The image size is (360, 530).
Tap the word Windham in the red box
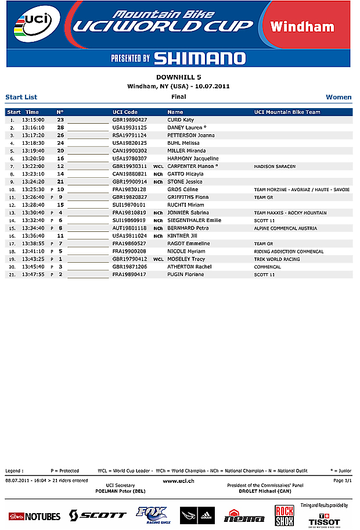coord(302,27)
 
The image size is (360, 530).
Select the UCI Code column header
coord(125,112)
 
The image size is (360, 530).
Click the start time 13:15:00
coord(33,120)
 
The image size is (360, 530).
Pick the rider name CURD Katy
coord(181,120)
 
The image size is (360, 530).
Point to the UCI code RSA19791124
coord(129,135)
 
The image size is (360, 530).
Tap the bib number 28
coord(60,127)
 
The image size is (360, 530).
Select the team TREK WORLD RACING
coord(277,259)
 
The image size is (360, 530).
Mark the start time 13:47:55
coord(33,274)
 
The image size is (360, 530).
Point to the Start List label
coord(21,97)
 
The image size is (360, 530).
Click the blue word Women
coord(339,97)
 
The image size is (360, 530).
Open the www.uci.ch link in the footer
coord(179,481)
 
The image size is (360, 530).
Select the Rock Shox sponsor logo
coord(284,515)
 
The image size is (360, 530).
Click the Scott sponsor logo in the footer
coord(98,515)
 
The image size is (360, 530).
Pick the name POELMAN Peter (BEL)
coord(121,490)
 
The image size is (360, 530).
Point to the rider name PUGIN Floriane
coord(186,274)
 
